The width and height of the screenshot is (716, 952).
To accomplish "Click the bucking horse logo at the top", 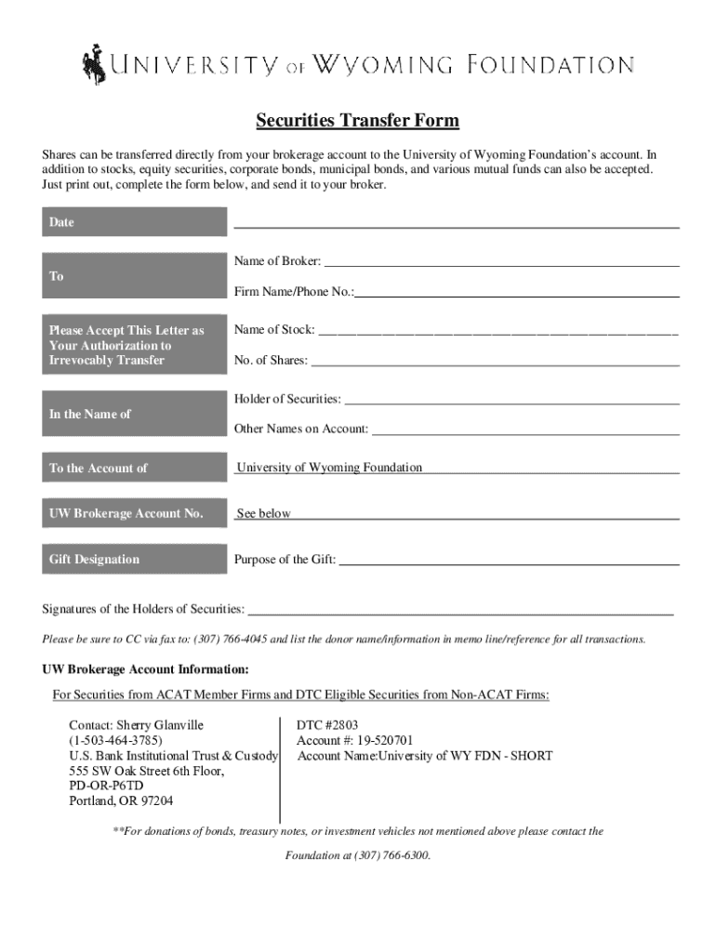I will (94, 62).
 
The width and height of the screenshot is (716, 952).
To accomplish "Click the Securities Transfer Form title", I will (358, 122).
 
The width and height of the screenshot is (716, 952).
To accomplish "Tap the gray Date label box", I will (135, 222).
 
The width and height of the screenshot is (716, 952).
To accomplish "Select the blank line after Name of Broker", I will (501, 263).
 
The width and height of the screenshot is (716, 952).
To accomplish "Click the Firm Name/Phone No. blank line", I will (517, 294).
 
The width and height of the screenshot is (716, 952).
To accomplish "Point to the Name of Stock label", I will (274, 330).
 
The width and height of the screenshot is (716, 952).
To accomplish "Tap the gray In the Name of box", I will (135, 415).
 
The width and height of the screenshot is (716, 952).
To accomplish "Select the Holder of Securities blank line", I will (511, 402).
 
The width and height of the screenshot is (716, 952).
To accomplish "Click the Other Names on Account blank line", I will (525, 431).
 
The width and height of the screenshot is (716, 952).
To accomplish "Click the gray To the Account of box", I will (135, 468).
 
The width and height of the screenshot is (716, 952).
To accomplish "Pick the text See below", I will (264, 513).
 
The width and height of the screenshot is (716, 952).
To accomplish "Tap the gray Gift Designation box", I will (135, 559).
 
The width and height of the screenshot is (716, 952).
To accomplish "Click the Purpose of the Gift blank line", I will (509, 562).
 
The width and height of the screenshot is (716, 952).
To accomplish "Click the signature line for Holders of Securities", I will (460, 612).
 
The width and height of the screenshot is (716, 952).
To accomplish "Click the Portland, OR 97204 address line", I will (121, 800).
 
